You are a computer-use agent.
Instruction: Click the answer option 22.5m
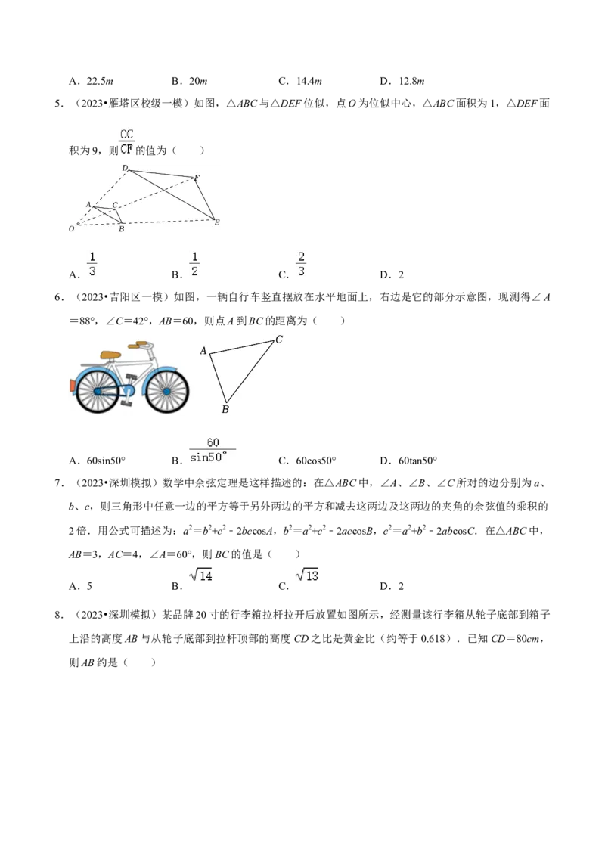click(x=99, y=82)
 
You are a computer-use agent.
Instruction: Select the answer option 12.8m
click(x=411, y=82)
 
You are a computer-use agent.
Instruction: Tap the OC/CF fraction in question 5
click(x=127, y=141)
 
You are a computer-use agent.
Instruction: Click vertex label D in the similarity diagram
click(x=125, y=168)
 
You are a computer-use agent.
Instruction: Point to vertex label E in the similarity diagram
click(x=217, y=223)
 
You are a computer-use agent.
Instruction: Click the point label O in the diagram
click(x=72, y=228)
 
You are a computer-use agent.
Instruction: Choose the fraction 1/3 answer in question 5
click(x=92, y=264)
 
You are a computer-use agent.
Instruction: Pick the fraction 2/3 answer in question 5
click(x=301, y=264)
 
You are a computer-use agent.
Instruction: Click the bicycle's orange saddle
click(x=111, y=355)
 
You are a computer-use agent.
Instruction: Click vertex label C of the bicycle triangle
click(x=279, y=340)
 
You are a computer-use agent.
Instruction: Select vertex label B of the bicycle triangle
click(x=225, y=409)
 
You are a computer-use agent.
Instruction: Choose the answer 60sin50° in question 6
click(x=106, y=461)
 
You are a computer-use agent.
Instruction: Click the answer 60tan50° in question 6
click(x=417, y=461)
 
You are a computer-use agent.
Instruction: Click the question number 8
click(x=59, y=615)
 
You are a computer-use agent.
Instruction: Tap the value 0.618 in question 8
click(x=433, y=639)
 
